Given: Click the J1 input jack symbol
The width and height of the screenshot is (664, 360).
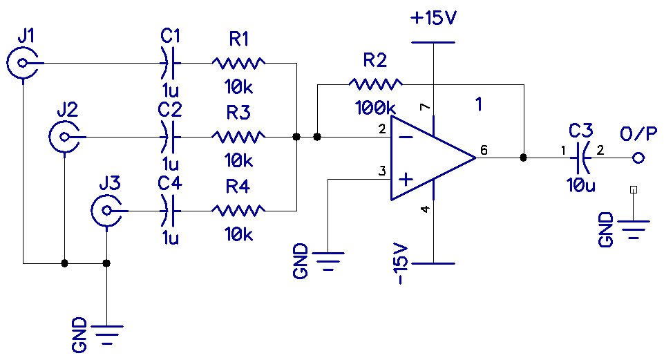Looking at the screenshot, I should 23,64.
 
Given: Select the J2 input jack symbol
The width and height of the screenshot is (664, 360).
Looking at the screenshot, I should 64,136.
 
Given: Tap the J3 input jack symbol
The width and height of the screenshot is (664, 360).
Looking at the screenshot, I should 106,209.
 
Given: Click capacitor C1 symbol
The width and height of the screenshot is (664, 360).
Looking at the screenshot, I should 168,64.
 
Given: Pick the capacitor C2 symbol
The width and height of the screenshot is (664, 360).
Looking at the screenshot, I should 168,136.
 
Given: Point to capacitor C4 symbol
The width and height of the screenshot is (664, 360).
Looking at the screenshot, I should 168,209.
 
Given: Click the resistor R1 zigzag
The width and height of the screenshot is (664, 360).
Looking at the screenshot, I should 238,64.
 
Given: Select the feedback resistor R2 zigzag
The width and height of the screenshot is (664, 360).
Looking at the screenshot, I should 375,84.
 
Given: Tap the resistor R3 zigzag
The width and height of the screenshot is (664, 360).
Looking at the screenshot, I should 238,136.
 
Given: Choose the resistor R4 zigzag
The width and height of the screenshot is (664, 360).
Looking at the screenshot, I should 238,209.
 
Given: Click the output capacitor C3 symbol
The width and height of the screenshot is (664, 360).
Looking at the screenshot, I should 582,158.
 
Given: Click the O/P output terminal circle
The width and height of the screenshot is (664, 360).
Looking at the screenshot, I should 638,158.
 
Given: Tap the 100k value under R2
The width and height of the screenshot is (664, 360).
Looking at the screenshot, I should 375,108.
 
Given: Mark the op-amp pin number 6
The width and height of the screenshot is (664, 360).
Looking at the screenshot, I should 484,150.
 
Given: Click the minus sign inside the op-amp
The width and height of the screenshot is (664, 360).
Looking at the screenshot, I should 407,137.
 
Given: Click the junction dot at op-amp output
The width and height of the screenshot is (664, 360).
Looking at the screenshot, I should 523,158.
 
